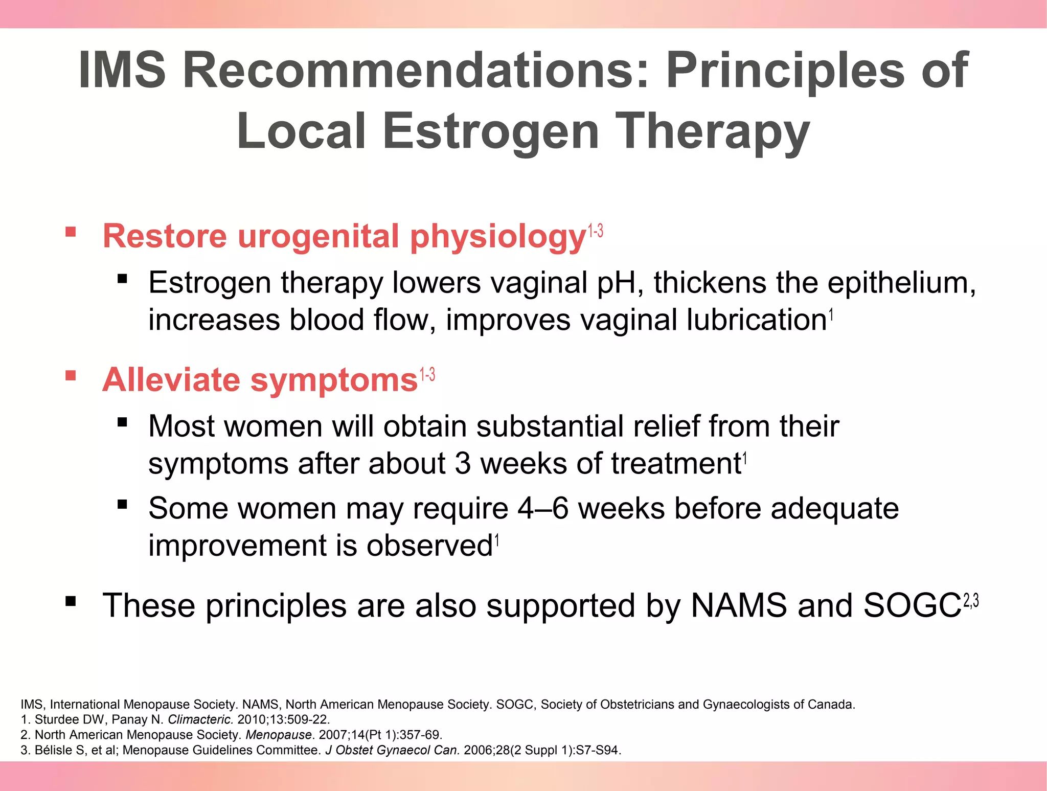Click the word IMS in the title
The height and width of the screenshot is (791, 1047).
(x=122, y=70)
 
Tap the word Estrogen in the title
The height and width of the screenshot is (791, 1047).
(x=490, y=131)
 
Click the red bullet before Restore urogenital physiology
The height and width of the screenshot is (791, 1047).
(x=71, y=233)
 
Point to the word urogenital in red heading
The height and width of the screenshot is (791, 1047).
(x=318, y=236)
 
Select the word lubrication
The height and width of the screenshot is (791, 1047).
(x=756, y=320)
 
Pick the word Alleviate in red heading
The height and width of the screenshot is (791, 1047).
(x=171, y=380)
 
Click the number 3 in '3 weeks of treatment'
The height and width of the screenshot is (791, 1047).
(x=462, y=464)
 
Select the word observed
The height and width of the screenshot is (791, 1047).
(x=429, y=546)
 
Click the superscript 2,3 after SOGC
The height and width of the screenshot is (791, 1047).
(x=971, y=601)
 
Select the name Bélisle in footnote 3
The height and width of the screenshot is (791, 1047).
(x=54, y=751)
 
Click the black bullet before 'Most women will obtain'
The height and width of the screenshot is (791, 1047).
(x=122, y=422)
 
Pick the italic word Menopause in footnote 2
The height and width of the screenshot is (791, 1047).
(x=279, y=735)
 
